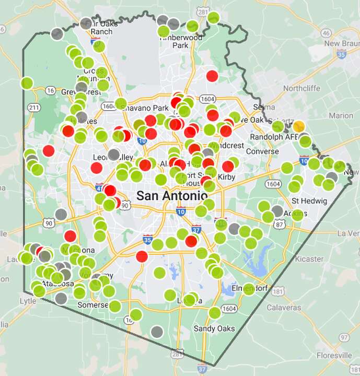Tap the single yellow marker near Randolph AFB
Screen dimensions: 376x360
pos(299,126)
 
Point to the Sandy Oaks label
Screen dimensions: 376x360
pos(214,328)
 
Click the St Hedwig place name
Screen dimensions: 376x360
pos(306,201)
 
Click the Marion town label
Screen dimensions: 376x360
pos(341,115)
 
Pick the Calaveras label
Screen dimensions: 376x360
pos(284,308)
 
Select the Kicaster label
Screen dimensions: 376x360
pos(309,258)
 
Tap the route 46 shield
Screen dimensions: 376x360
pos(326,33)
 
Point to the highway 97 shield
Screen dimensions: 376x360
pos(343,338)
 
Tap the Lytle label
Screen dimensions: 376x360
pos(28,301)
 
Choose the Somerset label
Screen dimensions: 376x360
pos(92,304)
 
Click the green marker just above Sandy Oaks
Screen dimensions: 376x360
pos(214,313)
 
